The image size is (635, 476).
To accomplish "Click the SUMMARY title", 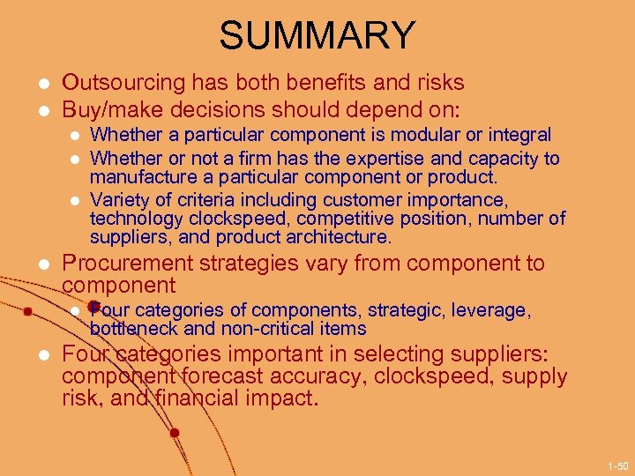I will pos(317,36).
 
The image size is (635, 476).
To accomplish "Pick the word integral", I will pos(521,135).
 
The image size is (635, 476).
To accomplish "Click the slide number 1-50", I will pos(616,465).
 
